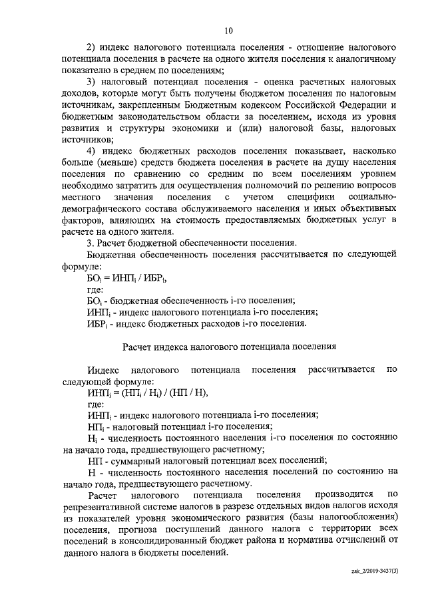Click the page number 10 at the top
coord(228,31)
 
